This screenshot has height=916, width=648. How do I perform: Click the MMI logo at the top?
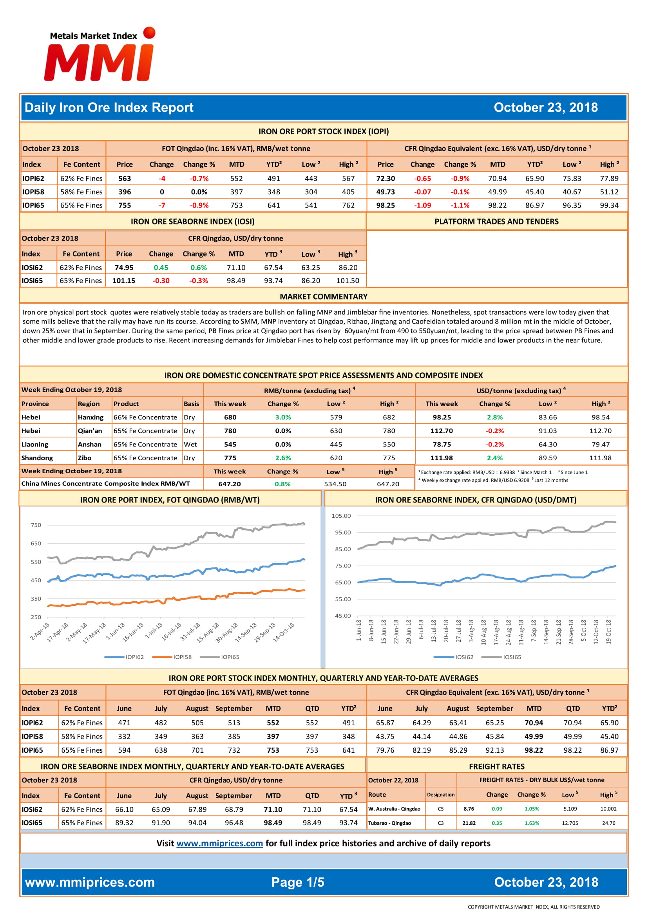point(100,54)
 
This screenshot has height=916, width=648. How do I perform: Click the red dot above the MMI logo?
point(149,33)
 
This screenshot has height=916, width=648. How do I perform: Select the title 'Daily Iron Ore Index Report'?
point(109,107)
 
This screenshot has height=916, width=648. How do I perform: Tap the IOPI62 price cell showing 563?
point(125,178)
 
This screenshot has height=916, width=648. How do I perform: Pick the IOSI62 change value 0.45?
point(161,267)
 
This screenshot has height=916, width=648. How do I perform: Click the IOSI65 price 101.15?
point(124,280)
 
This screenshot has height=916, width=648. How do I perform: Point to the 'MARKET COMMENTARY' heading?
point(324,296)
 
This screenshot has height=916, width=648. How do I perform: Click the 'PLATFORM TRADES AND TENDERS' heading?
point(496,221)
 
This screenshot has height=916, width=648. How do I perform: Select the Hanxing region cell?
point(91,417)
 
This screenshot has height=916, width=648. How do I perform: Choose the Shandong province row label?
point(37,458)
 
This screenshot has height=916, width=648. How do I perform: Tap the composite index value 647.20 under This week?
point(230,484)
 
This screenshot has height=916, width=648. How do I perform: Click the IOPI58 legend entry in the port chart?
point(172,657)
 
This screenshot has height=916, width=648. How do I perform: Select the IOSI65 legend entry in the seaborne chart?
point(501,657)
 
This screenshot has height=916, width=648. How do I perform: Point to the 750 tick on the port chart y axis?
point(36,525)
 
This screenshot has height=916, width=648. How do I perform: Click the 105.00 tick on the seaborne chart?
point(341,516)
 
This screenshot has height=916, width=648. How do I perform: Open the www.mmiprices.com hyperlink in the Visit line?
point(219,843)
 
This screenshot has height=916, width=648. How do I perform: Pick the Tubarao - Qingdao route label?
point(389,823)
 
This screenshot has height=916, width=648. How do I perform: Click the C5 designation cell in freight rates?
point(440,809)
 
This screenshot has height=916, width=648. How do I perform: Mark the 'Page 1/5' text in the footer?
point(298,882)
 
